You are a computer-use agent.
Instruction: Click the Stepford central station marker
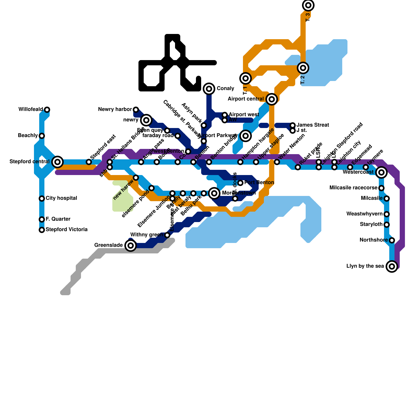pos(57,162)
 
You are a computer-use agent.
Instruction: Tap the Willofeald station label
pos(31,109)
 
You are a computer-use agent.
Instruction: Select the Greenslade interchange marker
pos(131,245)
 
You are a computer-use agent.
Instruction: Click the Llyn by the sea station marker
pos(392,266)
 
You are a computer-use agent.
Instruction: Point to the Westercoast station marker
pos(381,172)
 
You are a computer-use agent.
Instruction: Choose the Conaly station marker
pos(209,89)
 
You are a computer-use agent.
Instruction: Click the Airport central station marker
pos(272,99)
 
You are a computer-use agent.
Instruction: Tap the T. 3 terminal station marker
pos(308,5)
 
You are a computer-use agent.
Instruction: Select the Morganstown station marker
pos(214,193)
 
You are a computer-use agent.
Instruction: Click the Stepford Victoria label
pos(66,229)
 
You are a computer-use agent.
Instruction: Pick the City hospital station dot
pos(42,199)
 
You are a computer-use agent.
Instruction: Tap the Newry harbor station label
pos(115,109)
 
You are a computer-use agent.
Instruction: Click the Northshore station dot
pos(392,240)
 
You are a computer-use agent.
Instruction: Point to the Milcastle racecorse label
pos(353,188)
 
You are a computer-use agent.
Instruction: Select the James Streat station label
pos(313,125)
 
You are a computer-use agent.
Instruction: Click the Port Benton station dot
pos(240,183)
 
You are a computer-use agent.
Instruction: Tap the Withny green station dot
pos(167,235)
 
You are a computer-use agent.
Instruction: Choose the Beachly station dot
pos(42,136)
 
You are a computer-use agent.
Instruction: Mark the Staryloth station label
pos(371,224)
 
